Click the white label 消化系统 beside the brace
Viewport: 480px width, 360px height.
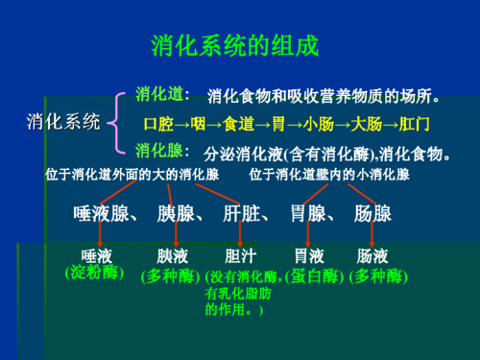pos(62,122)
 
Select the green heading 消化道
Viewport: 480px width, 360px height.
pos(159,94)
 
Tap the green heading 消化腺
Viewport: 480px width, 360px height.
pos(159,150)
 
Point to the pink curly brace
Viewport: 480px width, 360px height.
pos(117,122)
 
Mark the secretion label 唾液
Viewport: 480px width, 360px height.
pos(99,256)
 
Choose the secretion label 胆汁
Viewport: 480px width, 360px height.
pos(239,257)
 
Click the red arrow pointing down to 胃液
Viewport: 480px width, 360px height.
pos(306,237)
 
